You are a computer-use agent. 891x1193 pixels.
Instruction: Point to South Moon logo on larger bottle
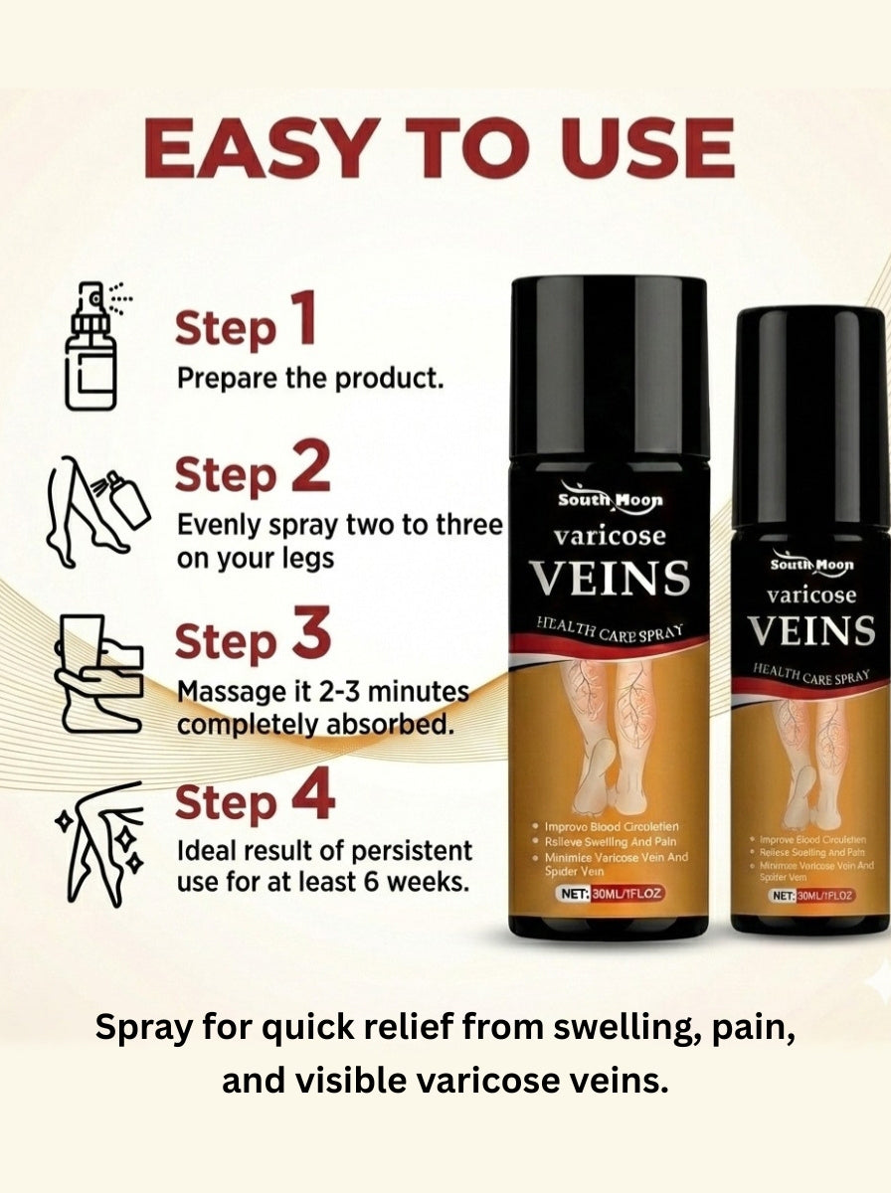click(x=609, y=499)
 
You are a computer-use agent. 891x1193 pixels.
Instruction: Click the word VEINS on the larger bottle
click(x=609, y=578)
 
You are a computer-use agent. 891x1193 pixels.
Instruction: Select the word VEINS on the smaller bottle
click(x=811, y=630)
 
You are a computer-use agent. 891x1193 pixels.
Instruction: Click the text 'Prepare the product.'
click(x=309, y=379)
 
